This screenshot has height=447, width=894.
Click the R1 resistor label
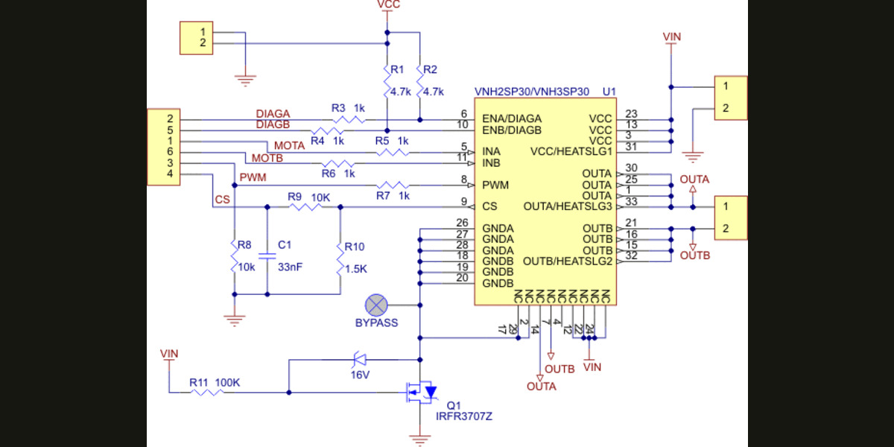click(397, 70)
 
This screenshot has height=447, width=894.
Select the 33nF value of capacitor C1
click(290, 266)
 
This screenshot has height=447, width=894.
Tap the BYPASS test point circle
click(376, 305)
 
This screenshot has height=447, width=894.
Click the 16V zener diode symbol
click(358, 360)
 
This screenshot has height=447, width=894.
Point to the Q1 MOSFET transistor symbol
click(419, 391)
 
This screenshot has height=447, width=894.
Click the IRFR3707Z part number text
click(464, 416)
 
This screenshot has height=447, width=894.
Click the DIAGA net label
click(273, 113)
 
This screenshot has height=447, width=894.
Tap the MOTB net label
click(266, 158)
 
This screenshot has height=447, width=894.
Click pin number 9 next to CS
click(463, 201)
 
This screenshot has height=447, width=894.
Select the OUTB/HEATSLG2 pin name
click(568, 261)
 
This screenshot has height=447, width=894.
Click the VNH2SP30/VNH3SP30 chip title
click(531, 92)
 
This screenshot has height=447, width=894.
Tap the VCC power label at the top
click(388, 5)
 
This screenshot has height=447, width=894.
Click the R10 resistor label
click(355, 247)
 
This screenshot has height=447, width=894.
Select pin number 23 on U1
click(631, 113)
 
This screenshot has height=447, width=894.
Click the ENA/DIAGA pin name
click(512, 118)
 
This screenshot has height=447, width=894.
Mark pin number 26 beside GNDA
click(462, 223)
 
